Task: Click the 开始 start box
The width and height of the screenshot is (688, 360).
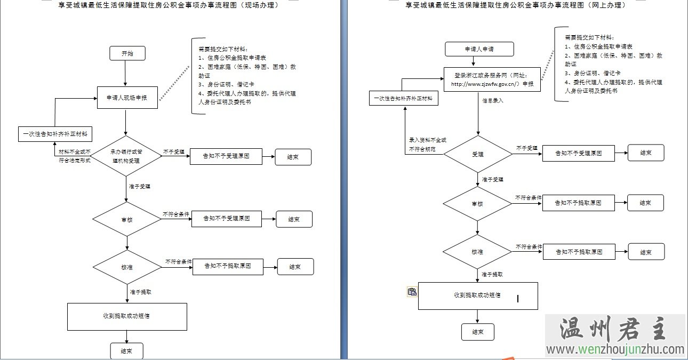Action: point(127,53)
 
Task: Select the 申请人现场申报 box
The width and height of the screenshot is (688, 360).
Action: point(127,98)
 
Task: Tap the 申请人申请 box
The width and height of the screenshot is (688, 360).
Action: point(479,49)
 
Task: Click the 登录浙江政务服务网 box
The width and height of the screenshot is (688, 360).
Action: point(492,79)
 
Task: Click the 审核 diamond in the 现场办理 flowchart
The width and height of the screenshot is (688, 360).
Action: point(127,219)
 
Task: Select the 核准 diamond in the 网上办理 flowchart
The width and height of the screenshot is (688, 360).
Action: point(477,251)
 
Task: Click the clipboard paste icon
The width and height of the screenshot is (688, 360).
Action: point(412,291)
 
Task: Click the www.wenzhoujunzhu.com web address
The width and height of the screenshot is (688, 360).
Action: point(615,350)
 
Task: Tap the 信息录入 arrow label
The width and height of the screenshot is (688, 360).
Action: point(493,100)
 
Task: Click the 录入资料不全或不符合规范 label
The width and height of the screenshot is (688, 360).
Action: point(427,145)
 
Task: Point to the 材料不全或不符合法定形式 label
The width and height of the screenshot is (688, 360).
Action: point(75,156)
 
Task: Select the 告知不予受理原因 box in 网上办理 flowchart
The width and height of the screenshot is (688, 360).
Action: point(578,154)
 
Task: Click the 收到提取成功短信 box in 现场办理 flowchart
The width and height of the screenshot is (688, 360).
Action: point(127,316)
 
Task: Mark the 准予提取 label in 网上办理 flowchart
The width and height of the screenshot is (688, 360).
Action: point(492,275)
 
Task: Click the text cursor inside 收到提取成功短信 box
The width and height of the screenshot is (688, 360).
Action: point(518,299)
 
